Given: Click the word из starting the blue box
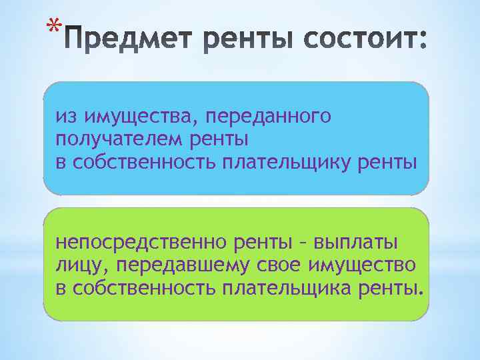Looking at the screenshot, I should click(x=65, y=117).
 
